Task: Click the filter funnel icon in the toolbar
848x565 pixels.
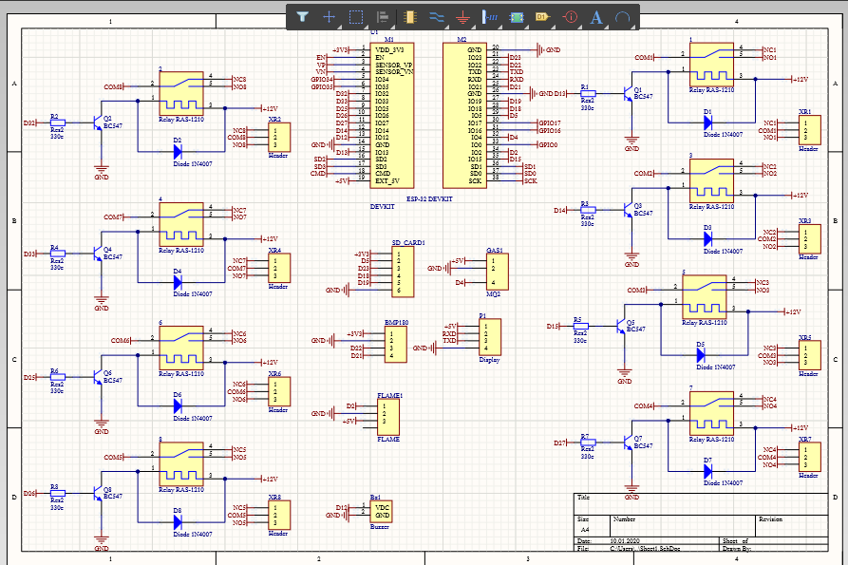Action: pos(302,16)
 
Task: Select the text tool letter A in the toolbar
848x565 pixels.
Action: pos(596,16)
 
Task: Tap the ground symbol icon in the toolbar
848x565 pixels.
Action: pos(462,16)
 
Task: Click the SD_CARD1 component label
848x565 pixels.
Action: pos(408,242)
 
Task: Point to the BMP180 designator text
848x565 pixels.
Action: pos(396,323)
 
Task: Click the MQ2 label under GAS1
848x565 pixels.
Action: pos(493,293)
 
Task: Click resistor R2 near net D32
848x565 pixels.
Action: pos(57,123)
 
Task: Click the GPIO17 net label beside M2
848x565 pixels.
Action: pos(549,123)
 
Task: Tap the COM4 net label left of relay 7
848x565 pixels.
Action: pos(644,406)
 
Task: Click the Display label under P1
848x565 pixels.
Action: pos(489,360)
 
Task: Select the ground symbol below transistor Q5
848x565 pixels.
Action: pos(624,371)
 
